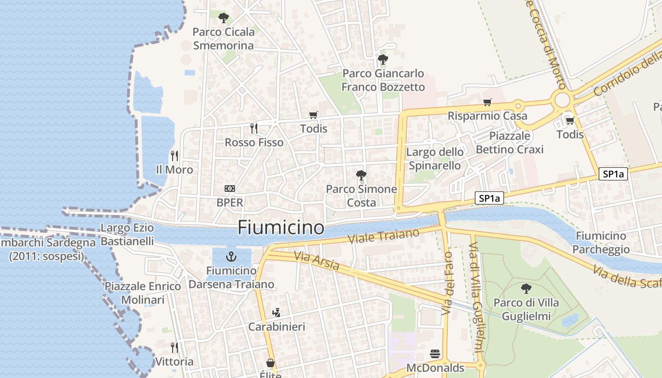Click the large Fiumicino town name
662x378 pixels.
(281, 228)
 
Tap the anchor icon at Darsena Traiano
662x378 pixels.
(231, 257)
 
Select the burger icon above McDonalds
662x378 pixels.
(435, 354)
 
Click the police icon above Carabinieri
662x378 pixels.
(277, 312)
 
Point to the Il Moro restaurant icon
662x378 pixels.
(174, 155)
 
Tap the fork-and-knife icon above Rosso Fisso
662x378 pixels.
(254, 128)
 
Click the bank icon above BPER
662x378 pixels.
(230, 189)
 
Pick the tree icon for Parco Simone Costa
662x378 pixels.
(361, 175)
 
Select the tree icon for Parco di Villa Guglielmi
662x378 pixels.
(526, 288)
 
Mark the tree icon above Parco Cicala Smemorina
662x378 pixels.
(224, 18)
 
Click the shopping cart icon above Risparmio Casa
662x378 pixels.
(488, 102)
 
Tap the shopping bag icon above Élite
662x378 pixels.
(270, 363)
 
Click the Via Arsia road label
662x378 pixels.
(316, 261)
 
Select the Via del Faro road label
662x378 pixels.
(447, 283)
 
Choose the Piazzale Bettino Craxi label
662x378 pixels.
(510, 143)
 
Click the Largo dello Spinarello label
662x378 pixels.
(435, 159)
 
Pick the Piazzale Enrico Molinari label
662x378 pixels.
(143, 293)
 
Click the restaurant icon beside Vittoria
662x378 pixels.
(174, 348)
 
